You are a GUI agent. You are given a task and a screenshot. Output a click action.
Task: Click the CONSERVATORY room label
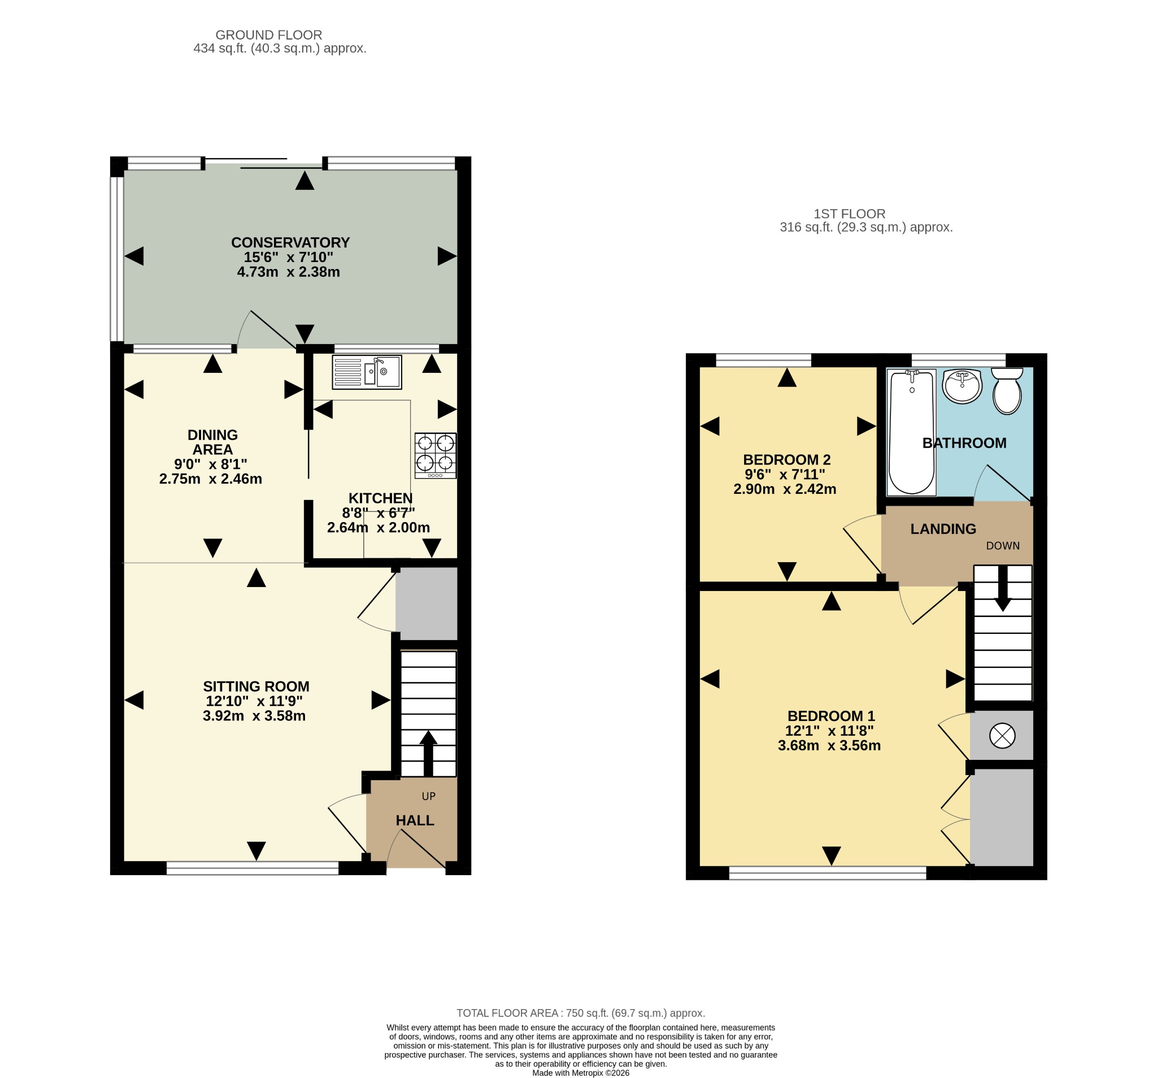(x=290, y=242)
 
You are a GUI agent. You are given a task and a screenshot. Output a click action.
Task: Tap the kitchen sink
(x=367, y=372)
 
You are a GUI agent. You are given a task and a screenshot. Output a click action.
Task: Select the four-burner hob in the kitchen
(x=436, y=455)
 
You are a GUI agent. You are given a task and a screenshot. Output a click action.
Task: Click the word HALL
(x=415, y=820)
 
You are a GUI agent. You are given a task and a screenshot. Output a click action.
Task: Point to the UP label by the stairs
(x=428, y=796)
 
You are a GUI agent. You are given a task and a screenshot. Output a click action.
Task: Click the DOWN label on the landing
(x=1003, y=545)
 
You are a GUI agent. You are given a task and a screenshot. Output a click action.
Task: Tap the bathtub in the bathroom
(x=911, y=432)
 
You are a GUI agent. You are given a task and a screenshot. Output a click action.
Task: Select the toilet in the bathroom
(x=1007, y=390)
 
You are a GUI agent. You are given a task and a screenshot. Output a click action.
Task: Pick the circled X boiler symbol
(x=1002, y=735)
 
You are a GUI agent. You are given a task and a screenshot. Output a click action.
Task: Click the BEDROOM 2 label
(x=787, y=459)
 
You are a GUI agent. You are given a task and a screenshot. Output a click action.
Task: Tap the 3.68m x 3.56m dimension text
(x=829, y=745)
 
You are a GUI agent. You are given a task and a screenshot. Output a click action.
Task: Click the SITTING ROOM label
(x=256, y=686)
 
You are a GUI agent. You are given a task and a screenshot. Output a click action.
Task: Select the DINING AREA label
(x=212, y=442)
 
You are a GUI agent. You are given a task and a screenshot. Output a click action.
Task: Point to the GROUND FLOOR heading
(x=269, y=35)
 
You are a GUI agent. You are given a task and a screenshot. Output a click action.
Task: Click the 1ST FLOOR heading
(x=850, y=214)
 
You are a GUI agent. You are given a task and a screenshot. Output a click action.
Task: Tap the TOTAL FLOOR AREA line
(x=581, y=1013)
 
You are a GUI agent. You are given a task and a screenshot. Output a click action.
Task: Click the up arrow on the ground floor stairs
(x=428, y=753)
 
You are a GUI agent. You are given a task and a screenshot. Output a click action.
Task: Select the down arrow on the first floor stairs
(x=1003, y=589)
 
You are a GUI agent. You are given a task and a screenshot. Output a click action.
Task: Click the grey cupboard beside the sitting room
(x=427, y=603)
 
